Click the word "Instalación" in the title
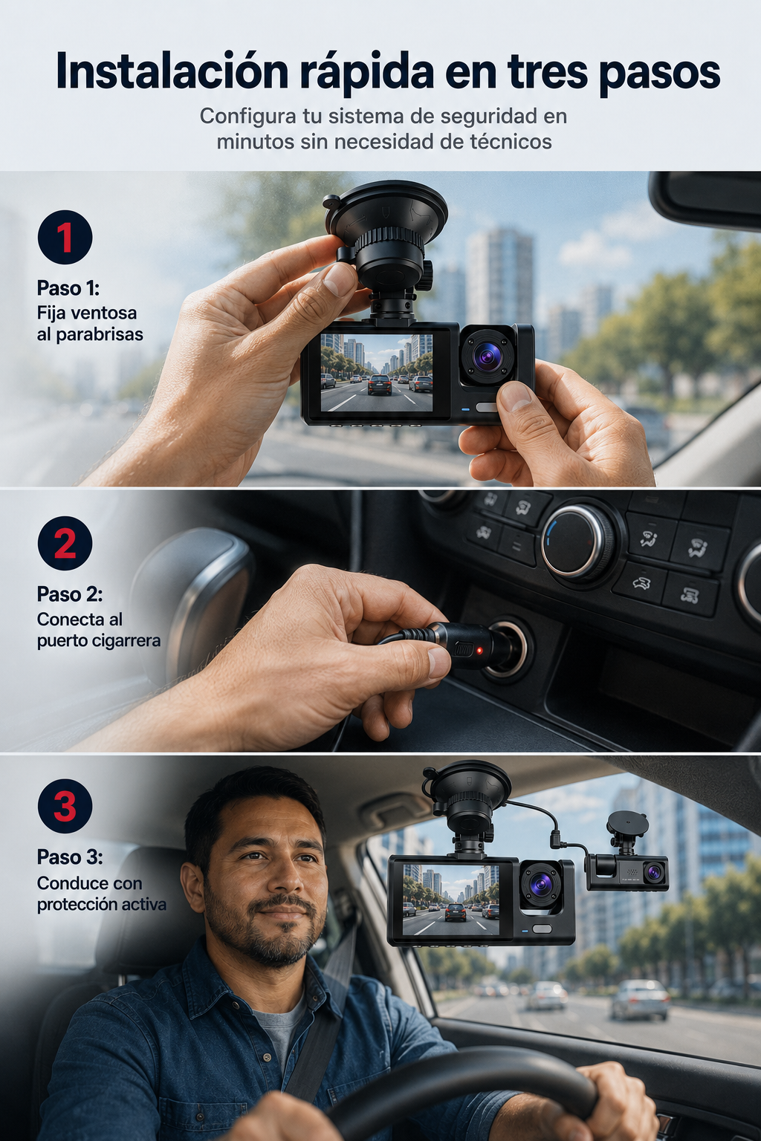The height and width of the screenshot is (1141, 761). pos(172,72)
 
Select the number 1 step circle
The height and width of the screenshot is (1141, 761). pos(65,237)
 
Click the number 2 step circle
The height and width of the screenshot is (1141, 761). pos(65,543)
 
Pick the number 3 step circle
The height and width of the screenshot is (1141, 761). pos(65,806)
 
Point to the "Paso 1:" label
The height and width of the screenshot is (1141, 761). pos(68,288)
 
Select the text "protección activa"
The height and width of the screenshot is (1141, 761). pos(101,904)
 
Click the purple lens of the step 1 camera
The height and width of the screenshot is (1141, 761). pos(487,354)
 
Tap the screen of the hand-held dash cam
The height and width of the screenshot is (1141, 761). pos(377,372)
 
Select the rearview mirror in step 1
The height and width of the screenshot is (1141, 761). pos(706,198)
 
